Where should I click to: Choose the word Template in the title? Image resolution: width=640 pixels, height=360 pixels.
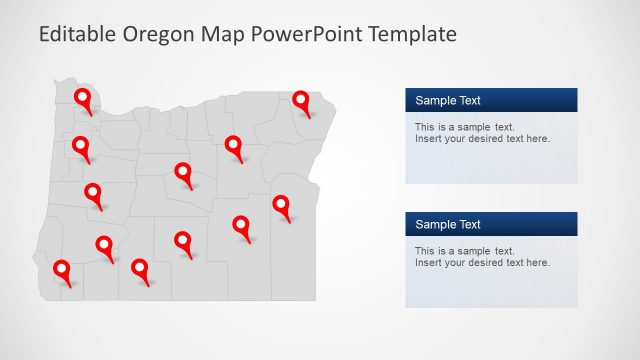coord(413,34)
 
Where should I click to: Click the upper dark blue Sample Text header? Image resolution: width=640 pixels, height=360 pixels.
coord(491,100)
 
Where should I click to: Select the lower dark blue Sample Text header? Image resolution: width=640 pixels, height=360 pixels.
coord(491,224)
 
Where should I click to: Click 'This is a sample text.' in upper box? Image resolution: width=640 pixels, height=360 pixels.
coord(465,127)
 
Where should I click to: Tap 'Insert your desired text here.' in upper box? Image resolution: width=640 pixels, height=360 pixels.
coord(482,139)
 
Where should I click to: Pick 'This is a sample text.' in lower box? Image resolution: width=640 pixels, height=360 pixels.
coord(465,251)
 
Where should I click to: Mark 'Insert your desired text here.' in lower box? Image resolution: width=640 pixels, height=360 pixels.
coord(482,263)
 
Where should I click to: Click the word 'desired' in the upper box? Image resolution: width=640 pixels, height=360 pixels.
coord(485,139)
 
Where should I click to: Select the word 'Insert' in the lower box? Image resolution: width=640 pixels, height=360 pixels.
coord(428,263)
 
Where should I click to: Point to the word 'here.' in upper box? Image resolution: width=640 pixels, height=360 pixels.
coord(538,139)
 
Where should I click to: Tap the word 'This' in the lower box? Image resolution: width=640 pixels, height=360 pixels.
coord(425,251)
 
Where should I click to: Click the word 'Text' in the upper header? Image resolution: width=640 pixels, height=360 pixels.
coord(469,100)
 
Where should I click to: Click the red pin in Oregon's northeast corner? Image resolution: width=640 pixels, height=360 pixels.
coord(301,100)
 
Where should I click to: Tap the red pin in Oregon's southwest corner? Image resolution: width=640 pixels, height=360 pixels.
coord(62,269)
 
